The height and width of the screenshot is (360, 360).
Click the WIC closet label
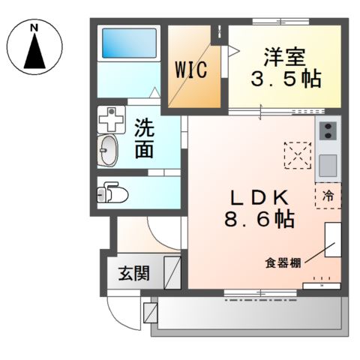191,69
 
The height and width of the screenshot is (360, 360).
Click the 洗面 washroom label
145,138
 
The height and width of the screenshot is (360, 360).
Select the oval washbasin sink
109,151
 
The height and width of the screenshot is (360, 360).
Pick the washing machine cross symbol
111,118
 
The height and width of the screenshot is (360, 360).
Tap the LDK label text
259,196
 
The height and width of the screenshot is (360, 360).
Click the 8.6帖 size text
258,220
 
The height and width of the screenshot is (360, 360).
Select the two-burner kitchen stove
328,133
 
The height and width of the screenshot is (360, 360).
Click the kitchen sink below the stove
328,164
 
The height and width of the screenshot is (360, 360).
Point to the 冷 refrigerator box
328,196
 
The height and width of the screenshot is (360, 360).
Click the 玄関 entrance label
133,272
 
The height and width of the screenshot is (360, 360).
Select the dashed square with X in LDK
296,156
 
